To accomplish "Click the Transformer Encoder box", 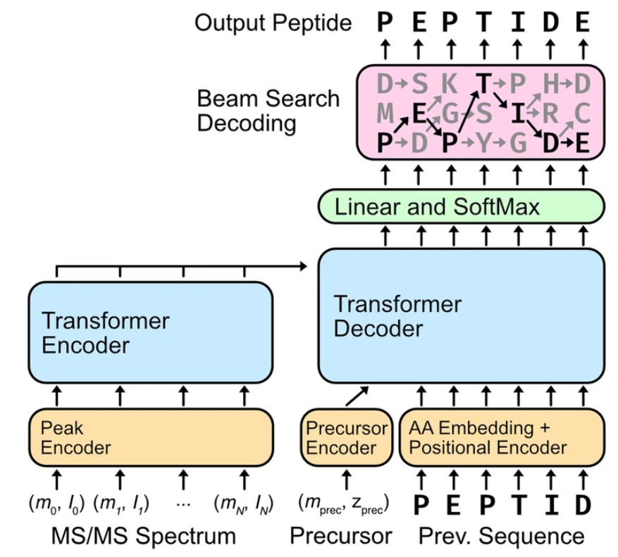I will point(150,332).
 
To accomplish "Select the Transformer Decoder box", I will point(462,316).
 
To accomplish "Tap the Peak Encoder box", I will point(150,437).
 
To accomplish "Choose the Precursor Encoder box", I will point(345,437).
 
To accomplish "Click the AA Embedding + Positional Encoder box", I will point(502,437).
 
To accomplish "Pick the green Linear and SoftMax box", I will point(462,207).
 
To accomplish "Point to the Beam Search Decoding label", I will point(268,111).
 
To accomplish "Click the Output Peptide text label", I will point(273,23).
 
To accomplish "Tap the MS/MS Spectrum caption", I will point(144,536).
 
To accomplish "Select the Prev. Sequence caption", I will point(501,536).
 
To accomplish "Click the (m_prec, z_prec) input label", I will point(345,504).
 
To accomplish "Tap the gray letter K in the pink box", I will point(449,85).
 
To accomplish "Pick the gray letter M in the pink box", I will point(384,113).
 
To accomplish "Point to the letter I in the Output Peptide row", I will point(517,23).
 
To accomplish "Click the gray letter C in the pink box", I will point(582,113).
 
